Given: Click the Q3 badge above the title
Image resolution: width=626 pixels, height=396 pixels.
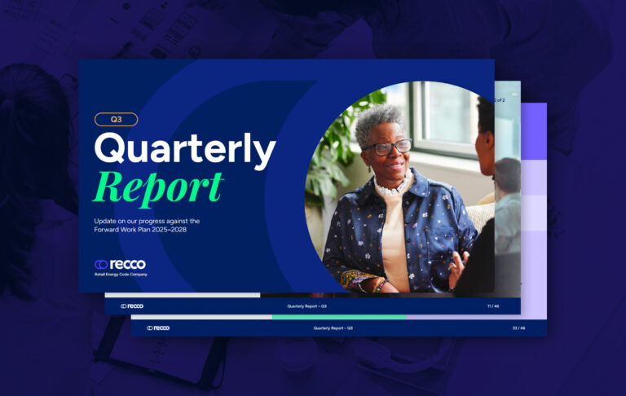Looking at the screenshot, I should pyautogui.click(x=115, y=119).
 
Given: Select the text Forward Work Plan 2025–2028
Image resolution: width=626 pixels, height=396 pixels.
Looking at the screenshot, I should pyautogui.click(x=147, y=229).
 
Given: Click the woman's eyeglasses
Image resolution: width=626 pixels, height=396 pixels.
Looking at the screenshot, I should pyautogui.click(x=389, y=147).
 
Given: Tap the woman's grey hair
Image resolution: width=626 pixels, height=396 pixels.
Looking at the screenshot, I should pyautogui.click(x=381, y=122).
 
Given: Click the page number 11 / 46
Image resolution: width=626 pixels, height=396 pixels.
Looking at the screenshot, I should pyautogui.click(x=493, y=306).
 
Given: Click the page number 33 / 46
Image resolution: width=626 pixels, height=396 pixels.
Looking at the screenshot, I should pyautogui.click(x=518, y=328).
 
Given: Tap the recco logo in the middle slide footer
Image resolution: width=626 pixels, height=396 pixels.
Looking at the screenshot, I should pyautogui.click(x=132, y=306).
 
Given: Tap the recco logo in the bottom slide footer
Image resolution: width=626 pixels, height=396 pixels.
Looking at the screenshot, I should pyautogui.click(x=158, y=328).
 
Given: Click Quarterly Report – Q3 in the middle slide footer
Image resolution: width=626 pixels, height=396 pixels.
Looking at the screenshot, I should pyautogui.click(x=306, y=306).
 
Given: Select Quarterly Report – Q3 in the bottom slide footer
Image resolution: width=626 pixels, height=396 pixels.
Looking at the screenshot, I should pyautogui.click(x=333, y=328).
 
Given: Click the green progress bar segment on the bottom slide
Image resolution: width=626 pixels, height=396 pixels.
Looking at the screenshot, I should pyautogui.click(x=338, y=317).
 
